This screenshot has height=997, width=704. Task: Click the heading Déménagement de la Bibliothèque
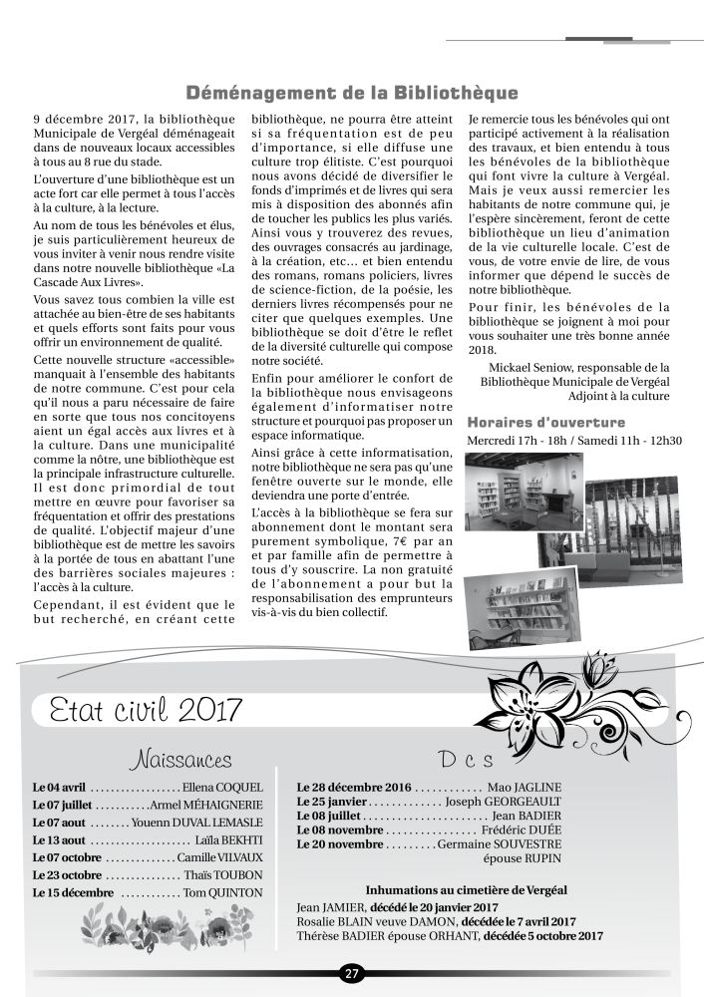(x=352, y=93)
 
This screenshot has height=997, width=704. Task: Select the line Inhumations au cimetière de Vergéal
(x=452, y=888)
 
